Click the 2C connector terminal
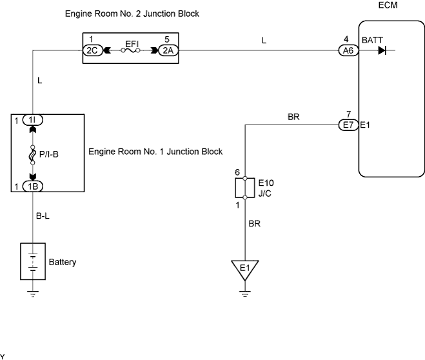(x=93, y=50)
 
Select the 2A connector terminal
(x=168, y=50)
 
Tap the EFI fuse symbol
(x=130, y=50)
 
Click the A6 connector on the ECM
(x=348, y=50)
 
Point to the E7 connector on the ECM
(x=348, y=125)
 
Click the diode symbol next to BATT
(x=382, y=50)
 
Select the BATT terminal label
(x=372, y=41)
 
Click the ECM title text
(x=388, y=5)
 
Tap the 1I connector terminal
(x=32, y=120)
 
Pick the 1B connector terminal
(x=32, y=186)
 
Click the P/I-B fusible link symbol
(x=32, y=155)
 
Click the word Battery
(x=63, y=262)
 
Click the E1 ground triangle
(x=245, y=268)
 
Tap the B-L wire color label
(x=43, y=216)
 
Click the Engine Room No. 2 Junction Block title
(x=132, y=14)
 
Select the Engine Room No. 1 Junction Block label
(x=155, y=152)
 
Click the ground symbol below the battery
(x=33, y=294)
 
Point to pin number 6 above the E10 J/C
(x=237, y=172)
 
